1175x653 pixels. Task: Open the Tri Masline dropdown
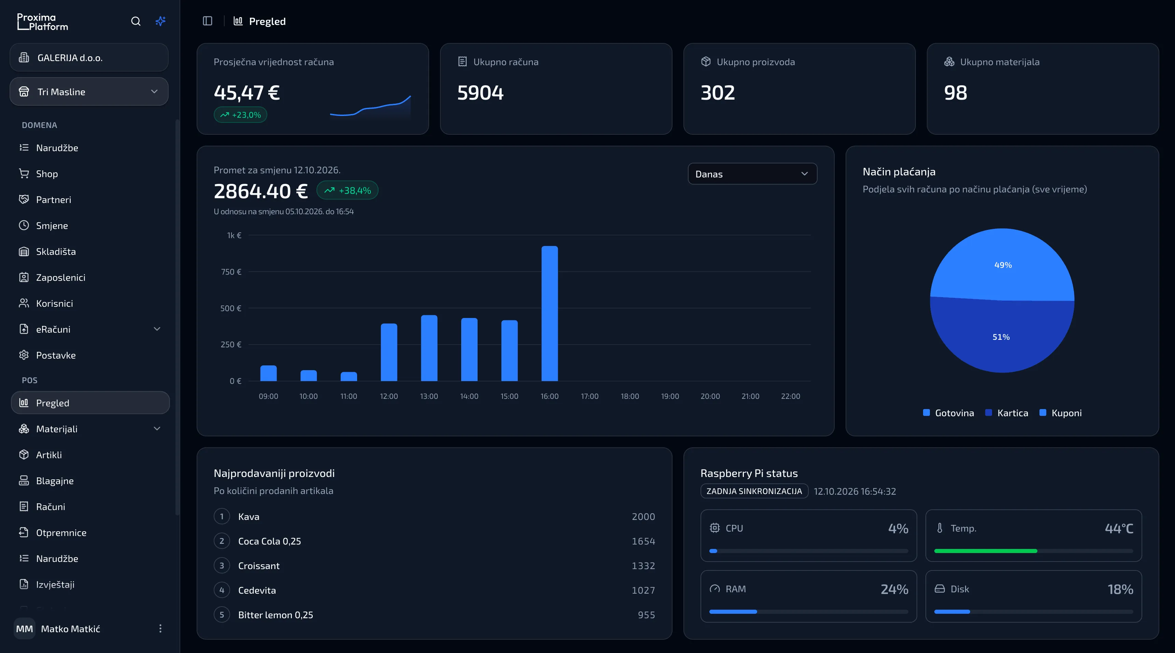[89, 92]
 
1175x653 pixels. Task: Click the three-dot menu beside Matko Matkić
[160, 629]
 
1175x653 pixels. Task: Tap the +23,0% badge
[240, 115]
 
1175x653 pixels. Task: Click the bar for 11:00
[349, 376]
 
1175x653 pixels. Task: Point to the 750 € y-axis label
[231, 272]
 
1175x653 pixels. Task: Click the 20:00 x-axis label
[710, 396]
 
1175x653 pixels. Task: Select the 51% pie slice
[1001, 337]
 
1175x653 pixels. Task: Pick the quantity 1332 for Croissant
[643, 566]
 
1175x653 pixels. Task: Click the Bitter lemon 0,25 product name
[275, 615]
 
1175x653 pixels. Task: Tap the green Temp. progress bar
[986, 551]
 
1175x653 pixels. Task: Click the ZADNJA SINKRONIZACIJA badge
[754, 491]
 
